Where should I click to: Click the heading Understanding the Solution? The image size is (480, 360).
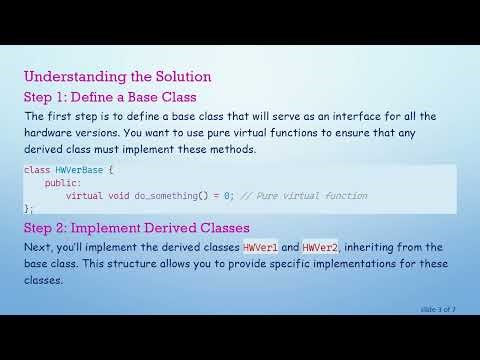[117, 76]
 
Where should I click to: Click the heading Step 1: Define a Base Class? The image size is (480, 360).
[109, 97]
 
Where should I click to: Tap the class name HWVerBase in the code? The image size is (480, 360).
[76, 170]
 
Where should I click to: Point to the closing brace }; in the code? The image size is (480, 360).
[28, 208]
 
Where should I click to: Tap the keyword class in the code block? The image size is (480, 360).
[36, 170]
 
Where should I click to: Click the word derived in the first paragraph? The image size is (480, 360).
[46, 150]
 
